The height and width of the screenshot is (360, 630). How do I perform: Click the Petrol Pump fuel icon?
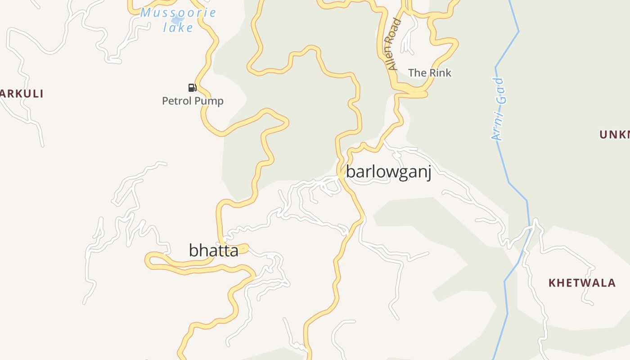tap(192, 87)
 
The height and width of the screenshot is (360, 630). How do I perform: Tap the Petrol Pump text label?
tap(193, 101)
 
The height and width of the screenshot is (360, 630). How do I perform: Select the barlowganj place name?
tap(388, 172)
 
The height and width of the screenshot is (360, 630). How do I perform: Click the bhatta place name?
tap(213, 250)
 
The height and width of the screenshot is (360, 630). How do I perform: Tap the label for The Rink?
tap(429, 72)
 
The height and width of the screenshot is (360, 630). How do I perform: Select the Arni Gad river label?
tap(499, 109)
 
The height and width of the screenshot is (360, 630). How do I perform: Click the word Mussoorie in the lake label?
tap(178, 13)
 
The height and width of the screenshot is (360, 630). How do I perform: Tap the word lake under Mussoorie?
tap(178, 27)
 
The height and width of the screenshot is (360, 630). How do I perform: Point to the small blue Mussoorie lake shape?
tap(177, 20)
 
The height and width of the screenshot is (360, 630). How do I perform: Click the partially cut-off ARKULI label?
tap(22, 94)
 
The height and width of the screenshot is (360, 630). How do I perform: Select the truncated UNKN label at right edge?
tap(615, 134)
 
